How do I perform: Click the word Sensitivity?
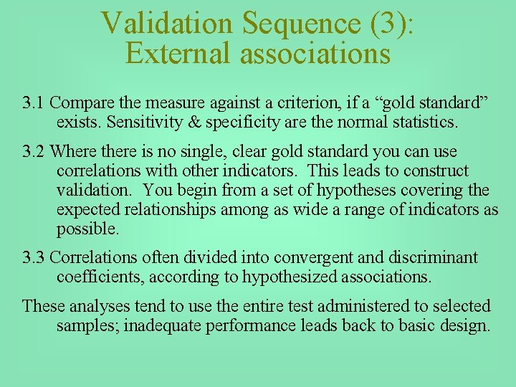pyautogui.click(x=142, y=122)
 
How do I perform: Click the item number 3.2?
pyautogui.click(x=34, y=152)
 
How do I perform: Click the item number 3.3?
pyautogui.click(x=34, y=257)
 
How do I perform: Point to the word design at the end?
pyautogui.click(x=469, y=325)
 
